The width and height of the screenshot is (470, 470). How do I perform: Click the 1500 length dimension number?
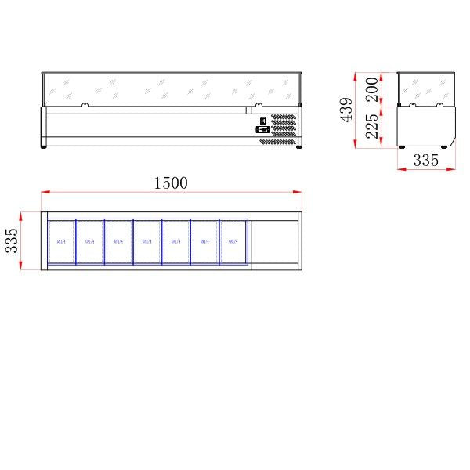171,183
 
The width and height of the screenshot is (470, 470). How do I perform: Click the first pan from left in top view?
61,241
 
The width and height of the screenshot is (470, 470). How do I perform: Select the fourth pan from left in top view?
147,241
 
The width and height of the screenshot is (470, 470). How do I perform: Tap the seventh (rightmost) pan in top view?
233,241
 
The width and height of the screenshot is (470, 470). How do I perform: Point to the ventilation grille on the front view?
284,129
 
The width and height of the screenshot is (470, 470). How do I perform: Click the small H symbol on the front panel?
264,121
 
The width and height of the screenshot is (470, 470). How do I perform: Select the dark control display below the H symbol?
264,130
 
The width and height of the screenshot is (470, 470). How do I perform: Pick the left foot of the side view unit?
403,146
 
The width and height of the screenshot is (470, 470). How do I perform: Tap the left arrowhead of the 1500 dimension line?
44,190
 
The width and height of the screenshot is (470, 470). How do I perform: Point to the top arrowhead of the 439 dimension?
357,77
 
